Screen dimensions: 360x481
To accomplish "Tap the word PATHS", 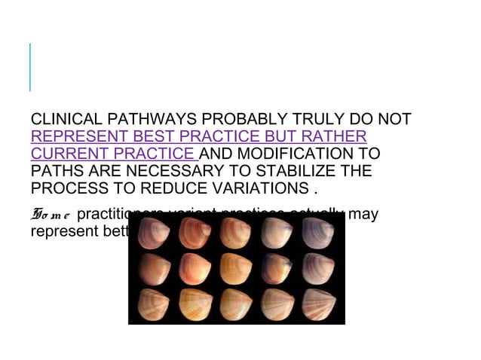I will [54, 171].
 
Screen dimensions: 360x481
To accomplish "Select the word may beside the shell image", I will [363, 215].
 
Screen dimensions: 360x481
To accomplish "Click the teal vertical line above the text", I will [30, 67].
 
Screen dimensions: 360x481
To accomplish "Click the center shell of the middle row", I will [236, 268].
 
